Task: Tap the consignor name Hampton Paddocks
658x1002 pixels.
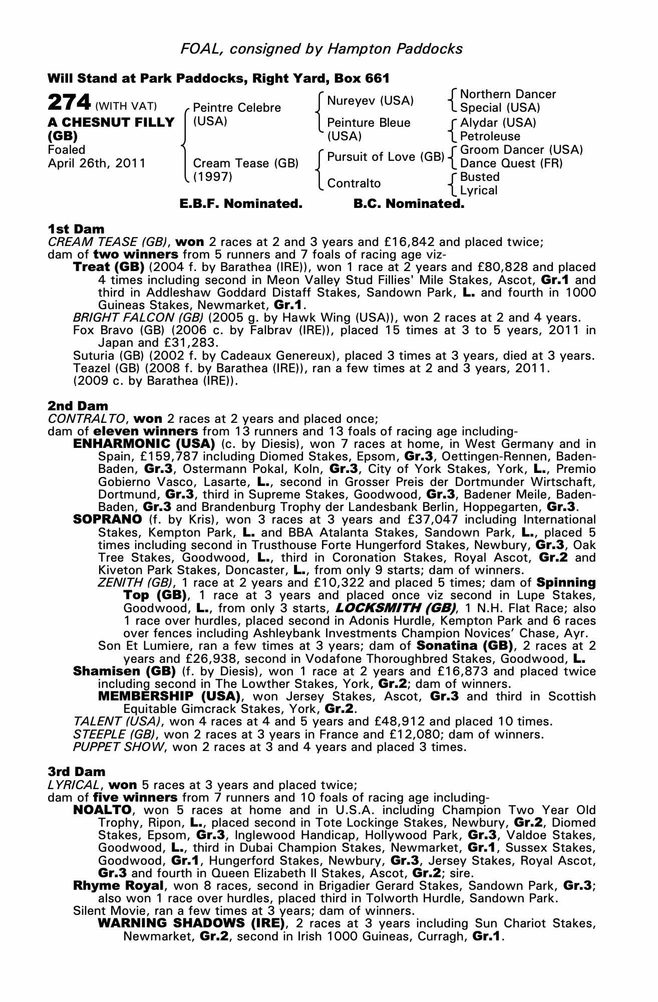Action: [x=395, y=49]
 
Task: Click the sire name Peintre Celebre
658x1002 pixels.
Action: [x=237, y=108]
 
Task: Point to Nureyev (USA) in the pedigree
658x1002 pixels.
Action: [x=370, y=101]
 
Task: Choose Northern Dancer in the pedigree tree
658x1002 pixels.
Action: [x=508, y=94]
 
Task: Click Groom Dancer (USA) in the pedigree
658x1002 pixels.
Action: [x=521, y=150]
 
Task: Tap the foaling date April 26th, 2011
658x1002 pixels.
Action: [x=97, y=163]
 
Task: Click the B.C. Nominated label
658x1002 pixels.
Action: [x=409, y=204]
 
